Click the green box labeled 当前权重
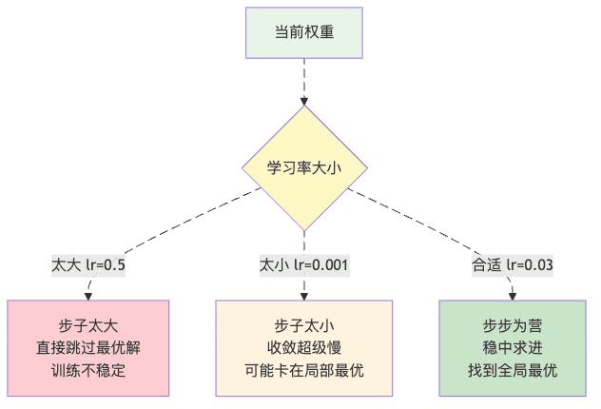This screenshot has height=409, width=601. [304, 32]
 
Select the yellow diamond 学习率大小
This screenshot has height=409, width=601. [304, 167]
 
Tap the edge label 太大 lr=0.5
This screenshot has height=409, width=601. [88, 263]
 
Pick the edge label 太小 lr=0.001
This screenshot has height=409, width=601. [304, 263]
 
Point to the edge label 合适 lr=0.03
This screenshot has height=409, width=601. [514, 263]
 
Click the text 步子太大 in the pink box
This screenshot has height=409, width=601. [88, 325]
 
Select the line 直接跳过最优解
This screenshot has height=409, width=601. [88, 347]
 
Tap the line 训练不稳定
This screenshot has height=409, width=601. [88, 370]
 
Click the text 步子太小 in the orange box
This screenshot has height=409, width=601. [304, 325]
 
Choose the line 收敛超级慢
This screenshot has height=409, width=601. [304, 347]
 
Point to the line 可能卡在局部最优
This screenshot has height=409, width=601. [304, 370]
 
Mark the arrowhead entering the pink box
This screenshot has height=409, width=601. [88, 296]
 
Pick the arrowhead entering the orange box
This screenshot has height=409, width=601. [304, 296]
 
